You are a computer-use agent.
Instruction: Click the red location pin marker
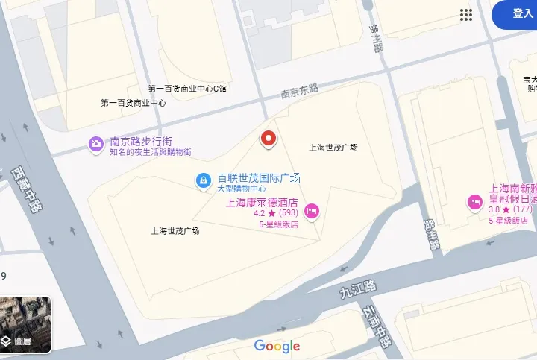pos(268,139)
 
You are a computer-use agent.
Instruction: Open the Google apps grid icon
pos(467,14)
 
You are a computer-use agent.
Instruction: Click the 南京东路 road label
pos(299,92)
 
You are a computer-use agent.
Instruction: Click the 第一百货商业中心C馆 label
pos(187,89)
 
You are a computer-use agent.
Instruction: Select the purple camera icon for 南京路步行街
pos(96,144)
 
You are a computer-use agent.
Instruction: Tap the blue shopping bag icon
pos(202,180)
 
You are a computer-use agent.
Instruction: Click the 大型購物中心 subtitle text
pos(242,189)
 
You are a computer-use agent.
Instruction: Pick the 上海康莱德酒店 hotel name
pos(262,202)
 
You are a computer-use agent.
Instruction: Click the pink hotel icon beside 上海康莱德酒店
pos(312,212)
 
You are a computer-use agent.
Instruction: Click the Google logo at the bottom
pos(277,346)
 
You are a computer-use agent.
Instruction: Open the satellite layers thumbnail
pos(25,324)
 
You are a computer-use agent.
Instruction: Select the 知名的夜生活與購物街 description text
pos(150,152)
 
